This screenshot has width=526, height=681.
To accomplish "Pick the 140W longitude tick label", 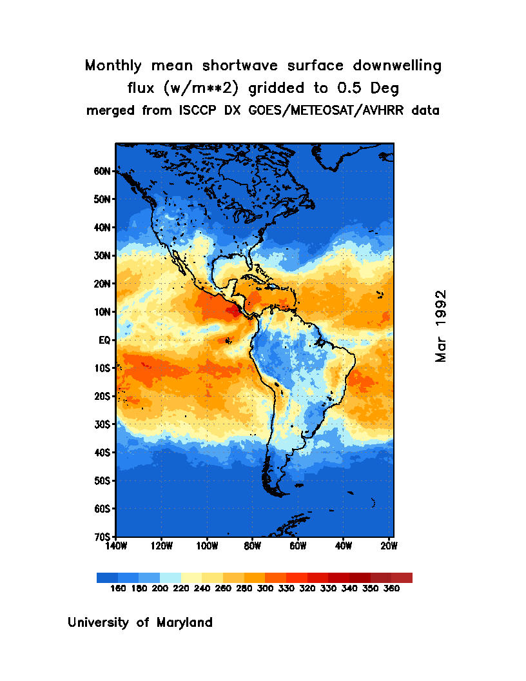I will [x=116, y=546].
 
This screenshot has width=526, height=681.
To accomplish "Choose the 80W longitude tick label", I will [x=252, y=546].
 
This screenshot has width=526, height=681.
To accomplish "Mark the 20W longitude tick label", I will [x=388, y=546].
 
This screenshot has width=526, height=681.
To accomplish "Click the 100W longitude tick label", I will [x=206, y=546].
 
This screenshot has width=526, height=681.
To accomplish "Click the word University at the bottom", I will [x=99, y=623].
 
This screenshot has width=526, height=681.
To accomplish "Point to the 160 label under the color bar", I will [x=117, y=589].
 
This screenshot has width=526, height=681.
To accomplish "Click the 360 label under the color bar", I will [x=391, y=589].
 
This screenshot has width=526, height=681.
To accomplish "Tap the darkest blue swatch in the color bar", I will [x=107, y=578].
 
